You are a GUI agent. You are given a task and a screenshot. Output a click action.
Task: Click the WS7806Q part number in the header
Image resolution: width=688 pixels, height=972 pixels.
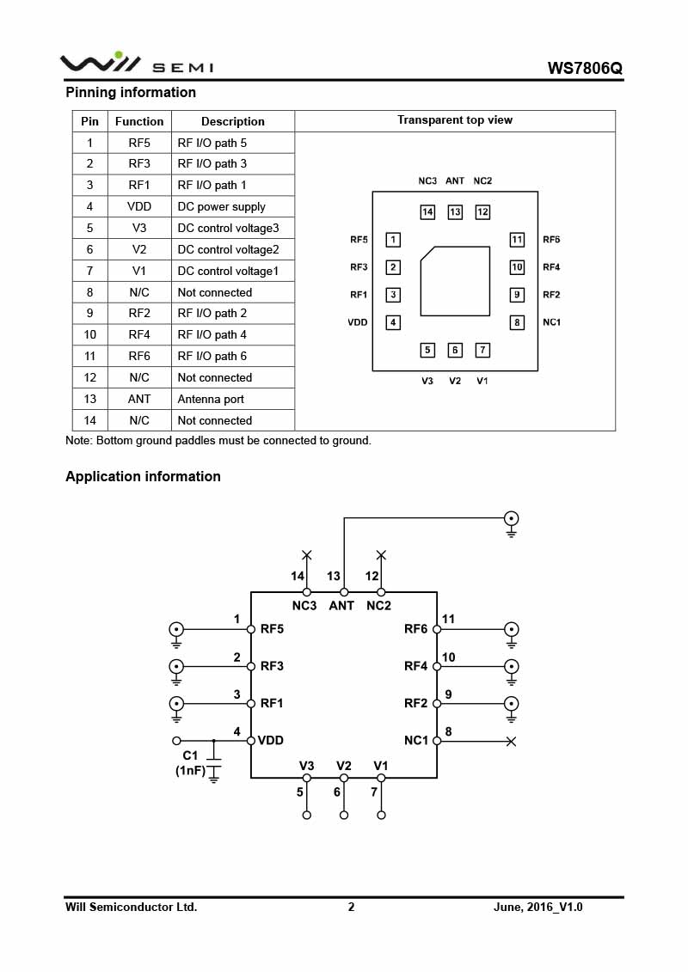click(585, 68)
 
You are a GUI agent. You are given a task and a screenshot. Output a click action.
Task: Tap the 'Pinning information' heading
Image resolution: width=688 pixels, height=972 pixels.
click(131, 92)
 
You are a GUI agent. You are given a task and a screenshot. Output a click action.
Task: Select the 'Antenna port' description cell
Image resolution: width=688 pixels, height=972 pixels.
click(211, 399)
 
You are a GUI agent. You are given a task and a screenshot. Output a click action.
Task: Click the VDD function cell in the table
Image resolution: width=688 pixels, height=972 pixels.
click(139, 206)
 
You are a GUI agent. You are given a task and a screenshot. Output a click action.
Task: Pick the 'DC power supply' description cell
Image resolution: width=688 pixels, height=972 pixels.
click(221, 206)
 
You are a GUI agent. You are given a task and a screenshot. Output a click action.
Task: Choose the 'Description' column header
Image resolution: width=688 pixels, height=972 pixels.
click(233, 121)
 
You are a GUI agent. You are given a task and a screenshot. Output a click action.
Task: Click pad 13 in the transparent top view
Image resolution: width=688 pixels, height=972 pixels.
click(455, 211)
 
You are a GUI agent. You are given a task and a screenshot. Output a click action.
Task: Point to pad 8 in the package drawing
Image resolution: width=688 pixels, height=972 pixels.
click(517, 322)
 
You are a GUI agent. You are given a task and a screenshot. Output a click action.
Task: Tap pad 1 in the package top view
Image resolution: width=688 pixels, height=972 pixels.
click(393, 240)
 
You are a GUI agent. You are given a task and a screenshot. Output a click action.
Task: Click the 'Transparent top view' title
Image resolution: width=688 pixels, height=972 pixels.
click(455, 120)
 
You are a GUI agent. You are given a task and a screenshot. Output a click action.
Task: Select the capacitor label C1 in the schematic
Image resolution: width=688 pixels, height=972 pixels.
click(190, 755)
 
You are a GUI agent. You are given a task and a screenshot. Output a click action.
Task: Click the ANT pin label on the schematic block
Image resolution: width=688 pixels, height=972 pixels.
click(341, 605)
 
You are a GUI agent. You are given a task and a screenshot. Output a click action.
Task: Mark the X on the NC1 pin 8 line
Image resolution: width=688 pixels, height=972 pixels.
click(511, 741)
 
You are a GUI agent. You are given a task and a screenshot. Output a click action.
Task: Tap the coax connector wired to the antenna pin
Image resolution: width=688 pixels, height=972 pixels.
click(512, 518)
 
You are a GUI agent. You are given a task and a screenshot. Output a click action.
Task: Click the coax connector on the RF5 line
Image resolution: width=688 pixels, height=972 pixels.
click(176, 629)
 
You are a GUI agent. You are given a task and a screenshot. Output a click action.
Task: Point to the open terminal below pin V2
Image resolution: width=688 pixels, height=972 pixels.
click(344, 815)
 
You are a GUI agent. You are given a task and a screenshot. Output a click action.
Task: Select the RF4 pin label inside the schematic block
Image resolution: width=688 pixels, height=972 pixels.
click(415, 666)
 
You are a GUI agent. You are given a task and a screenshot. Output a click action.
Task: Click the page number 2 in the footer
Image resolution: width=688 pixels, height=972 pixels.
click(351, 907)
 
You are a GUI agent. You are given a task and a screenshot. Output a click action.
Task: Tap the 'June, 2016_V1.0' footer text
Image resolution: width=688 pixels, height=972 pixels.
click(538, 907)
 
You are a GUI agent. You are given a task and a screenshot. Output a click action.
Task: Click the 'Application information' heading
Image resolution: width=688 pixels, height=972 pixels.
click(143, 476)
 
